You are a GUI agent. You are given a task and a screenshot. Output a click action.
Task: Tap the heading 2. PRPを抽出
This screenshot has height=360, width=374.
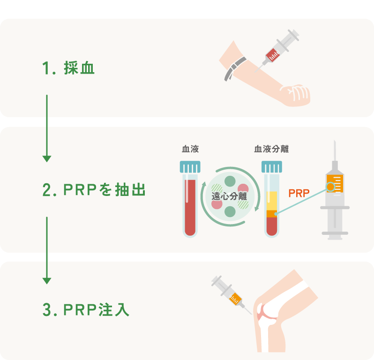pyautogui.click(x=94, y=190)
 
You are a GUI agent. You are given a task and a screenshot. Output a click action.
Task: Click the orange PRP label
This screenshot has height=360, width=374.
pyautogui.click(x=299, y=193)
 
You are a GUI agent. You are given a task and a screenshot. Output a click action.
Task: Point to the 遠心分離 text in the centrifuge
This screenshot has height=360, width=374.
pyautogui.click(x=229, y=195)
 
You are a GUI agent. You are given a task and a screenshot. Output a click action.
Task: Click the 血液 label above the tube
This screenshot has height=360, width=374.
pyautogui.click(x=190, y=149)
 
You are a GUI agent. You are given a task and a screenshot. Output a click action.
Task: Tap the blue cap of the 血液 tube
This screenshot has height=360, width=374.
pyautogui.click(x=190, y=167)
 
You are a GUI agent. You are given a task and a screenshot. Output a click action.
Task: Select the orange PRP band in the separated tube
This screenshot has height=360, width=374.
pyautogui.click(x=271, y=214)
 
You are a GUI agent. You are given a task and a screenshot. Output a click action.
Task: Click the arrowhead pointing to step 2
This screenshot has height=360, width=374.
pyautogui.click(x=46, y=158)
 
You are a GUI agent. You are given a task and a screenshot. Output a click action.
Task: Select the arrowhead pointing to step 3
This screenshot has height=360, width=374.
pyautogui.click(x=46, y=280)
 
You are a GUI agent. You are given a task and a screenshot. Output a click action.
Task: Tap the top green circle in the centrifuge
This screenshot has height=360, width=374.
pyautogui.click(x=230, y=180)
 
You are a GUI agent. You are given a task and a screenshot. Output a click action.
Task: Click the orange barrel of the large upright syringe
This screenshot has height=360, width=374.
pyautogui.click(x=334, y=183)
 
